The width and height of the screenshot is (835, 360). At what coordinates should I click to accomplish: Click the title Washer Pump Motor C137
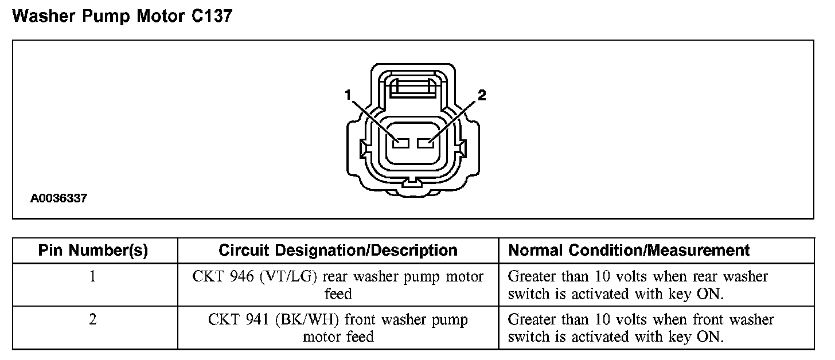coord(122,17)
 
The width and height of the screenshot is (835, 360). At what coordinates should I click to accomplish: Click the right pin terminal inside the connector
coord(426,143)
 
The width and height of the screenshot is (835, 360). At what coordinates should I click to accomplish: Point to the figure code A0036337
coord(59,199)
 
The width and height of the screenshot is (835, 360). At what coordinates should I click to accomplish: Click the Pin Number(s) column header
coord(93,251)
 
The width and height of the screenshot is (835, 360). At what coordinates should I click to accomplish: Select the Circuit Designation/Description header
coord(338,251)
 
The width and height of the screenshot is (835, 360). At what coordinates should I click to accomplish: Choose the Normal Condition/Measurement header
coord(629,251)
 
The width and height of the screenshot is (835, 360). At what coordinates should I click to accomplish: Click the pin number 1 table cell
coord(93,277)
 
